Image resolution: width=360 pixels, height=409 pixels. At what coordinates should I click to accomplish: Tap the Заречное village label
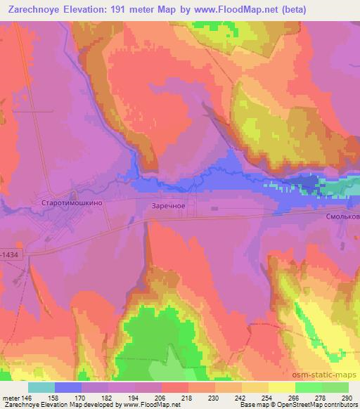[168, 206]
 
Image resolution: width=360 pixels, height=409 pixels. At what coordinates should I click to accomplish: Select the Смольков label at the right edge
[342, 217]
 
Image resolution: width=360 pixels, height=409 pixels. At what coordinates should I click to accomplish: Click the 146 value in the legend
[27, 397]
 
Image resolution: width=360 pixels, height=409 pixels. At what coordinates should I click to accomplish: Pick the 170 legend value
[82, 397]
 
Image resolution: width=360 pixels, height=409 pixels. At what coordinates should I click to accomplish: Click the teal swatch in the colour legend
[41, 387]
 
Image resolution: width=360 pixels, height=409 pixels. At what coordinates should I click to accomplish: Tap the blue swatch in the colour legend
[68, 387]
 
